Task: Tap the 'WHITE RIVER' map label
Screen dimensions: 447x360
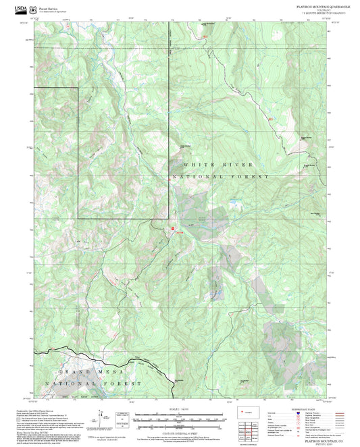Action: pos(217,164)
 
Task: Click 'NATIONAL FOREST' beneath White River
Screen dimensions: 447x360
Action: pos(220,176)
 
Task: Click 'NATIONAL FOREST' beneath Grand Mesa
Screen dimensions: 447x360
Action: pos(91,383)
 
